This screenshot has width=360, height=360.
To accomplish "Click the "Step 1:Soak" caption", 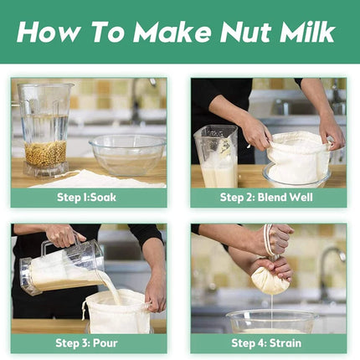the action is [x=86, y=198].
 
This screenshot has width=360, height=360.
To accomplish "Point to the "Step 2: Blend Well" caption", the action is [x=266, y=198].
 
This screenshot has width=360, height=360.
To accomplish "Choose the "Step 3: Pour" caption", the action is [x=86, y=343].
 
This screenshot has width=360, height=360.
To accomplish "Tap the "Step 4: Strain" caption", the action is [x=266, y=343].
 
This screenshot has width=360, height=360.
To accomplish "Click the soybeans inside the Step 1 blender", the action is [x=46, y=154].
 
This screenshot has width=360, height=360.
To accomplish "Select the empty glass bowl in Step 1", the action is [x=128, y=155].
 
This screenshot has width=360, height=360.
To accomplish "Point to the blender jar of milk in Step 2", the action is [x=216, y=157].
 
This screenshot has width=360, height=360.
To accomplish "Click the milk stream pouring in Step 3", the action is [x=111, y=287].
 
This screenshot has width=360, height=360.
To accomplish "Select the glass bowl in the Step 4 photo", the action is [x=271, y=321].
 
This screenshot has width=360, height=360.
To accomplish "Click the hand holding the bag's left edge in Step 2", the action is [x=255, y=133].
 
